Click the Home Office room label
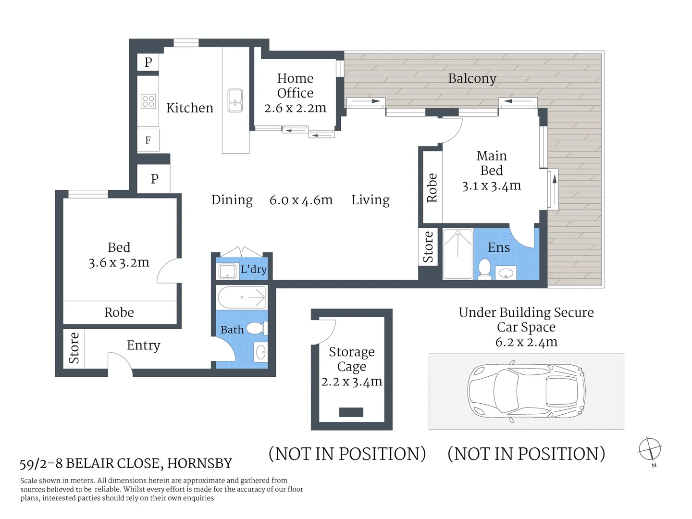(295, 86)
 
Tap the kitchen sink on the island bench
(235, 100)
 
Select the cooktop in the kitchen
(148, 101)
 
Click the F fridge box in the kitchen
(148, 140)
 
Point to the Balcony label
(472, 78)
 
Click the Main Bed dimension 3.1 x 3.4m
(491, 186)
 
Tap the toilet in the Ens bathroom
(484, 269)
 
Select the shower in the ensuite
(457, 254)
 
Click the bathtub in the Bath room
(242, 297)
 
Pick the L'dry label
(253, 269)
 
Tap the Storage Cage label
(351, 359)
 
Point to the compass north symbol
(650, 450)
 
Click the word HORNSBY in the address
(199, 463)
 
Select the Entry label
(143, 346)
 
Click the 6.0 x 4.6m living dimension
(301, 200)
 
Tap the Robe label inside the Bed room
(119, 312)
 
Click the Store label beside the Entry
(74, 348)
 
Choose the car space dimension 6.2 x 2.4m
(526, 342)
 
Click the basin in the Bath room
(260, 352)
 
